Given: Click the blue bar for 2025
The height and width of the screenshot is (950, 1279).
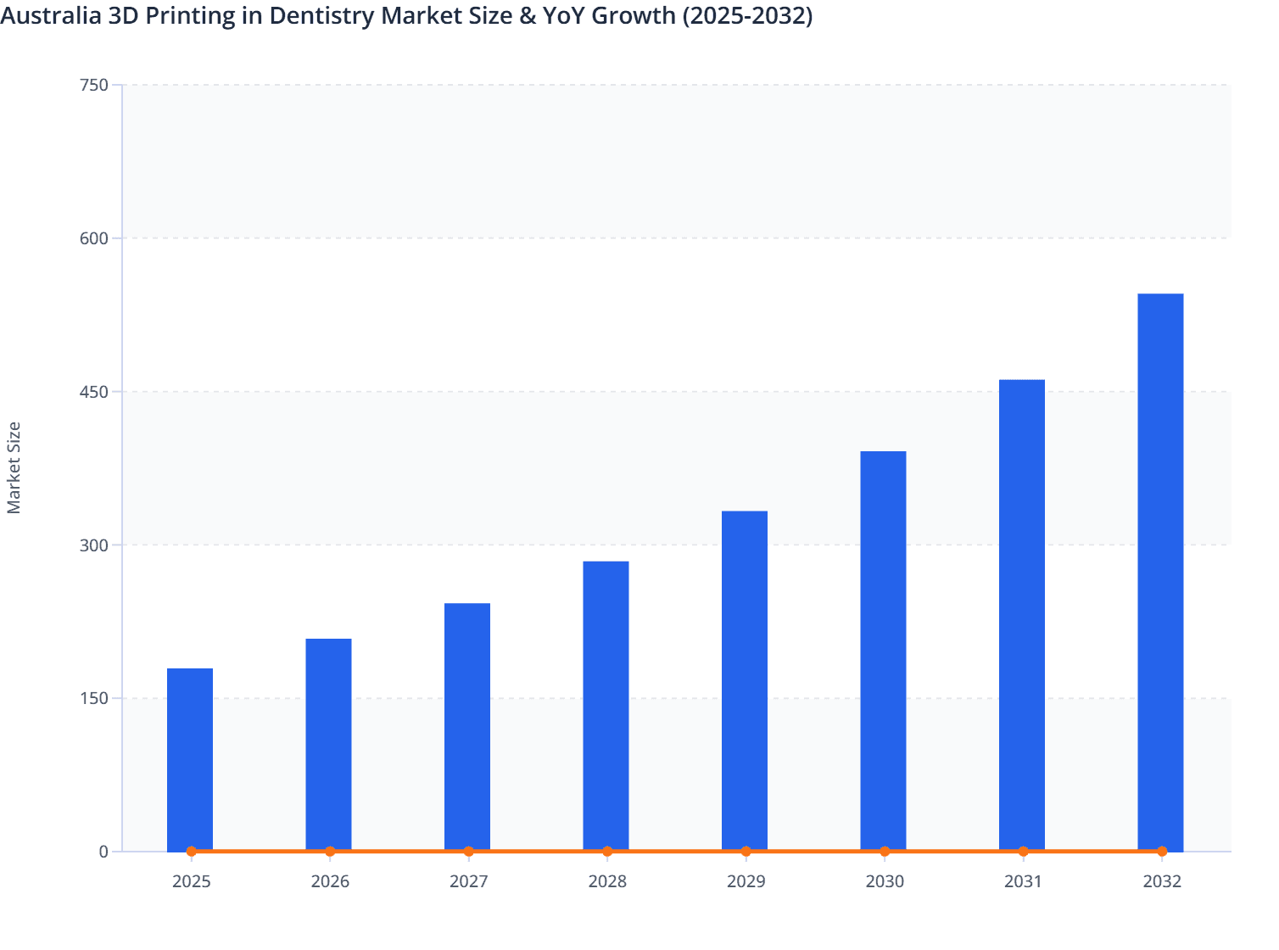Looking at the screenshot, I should [190, 759].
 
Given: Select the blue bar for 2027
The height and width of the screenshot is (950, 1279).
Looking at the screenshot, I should [467, 727].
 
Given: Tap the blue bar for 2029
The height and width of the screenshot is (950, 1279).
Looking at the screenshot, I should [745, 680].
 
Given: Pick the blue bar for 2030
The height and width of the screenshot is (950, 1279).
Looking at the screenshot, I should [883, 651].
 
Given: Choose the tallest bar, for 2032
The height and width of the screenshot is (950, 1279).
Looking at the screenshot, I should [1160, 572].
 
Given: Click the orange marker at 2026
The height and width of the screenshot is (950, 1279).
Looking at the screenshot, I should [330, 852].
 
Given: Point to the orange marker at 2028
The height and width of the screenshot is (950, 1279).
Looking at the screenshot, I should [607, 852].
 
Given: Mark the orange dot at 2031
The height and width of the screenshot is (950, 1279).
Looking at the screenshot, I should [1023, 852].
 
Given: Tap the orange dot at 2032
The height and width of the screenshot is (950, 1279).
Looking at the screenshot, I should [1162, 852].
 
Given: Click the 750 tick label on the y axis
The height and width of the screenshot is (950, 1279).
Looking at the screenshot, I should [93, 85].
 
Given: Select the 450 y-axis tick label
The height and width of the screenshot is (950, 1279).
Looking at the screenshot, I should [93, 392].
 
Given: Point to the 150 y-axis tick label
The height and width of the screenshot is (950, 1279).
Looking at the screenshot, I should [93, 698].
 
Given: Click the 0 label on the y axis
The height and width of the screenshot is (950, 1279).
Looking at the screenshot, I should [103, 852].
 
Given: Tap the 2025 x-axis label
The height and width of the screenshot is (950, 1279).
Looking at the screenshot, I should [191, 881].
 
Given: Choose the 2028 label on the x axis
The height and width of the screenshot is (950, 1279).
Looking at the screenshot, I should [607, 881].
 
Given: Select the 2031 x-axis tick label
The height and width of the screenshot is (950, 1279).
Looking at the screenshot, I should [1023, 881].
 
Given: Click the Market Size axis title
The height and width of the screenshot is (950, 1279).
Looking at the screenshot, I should [14, 467].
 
